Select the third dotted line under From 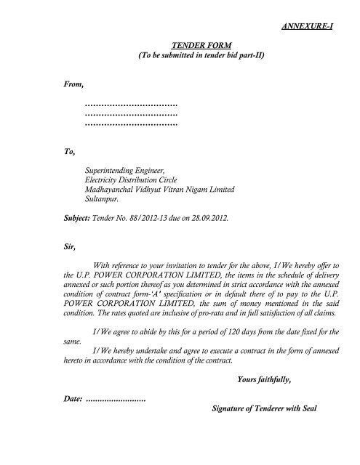132,124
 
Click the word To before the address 70,153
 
